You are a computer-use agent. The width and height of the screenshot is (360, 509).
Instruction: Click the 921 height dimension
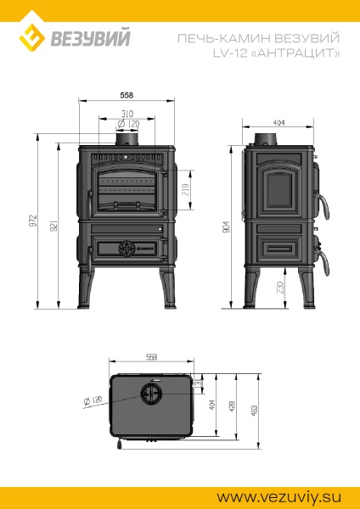(54, 227)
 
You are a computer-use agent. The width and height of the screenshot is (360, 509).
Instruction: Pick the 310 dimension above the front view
(127, 113)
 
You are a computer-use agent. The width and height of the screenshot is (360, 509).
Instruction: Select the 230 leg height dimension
(281, 288)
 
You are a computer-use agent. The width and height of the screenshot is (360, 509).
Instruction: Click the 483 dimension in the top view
(253, 411)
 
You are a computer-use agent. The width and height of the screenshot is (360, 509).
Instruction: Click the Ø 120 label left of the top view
(93, 399)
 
